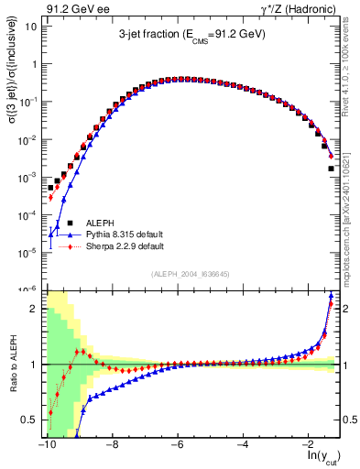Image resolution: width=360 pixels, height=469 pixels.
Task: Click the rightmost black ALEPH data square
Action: pos(331,169)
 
